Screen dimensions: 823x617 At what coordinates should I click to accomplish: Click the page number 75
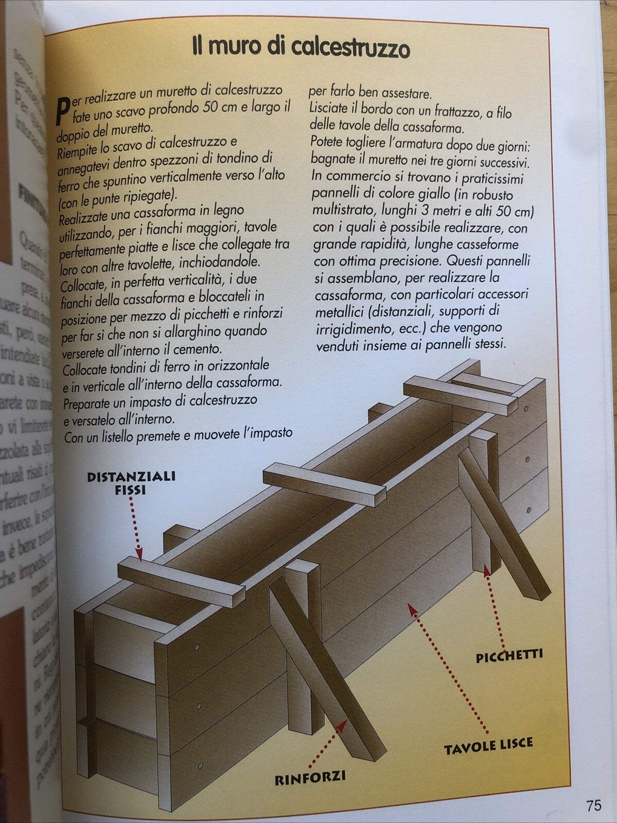593,805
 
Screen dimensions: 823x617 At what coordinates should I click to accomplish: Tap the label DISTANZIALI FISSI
131,482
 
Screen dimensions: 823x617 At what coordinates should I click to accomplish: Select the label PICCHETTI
509,656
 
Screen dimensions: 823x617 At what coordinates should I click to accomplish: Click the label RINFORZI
310,776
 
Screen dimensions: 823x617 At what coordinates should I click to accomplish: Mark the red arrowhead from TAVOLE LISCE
411,608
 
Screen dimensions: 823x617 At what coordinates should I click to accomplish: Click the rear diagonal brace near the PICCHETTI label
502,530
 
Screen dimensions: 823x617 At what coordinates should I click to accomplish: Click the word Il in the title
197,48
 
